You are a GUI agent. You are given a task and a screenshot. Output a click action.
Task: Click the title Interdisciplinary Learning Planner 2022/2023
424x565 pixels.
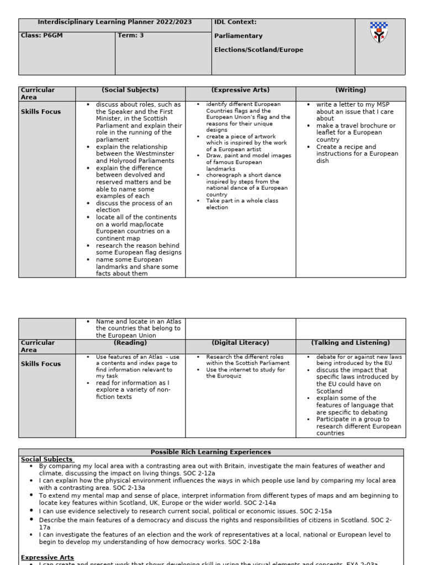click(115, 22)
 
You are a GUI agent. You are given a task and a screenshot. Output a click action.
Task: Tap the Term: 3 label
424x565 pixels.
click(131, 35)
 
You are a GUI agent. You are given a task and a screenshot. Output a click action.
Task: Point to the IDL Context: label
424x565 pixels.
click(235, 22)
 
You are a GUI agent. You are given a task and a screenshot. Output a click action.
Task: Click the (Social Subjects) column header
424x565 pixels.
click(130, 90)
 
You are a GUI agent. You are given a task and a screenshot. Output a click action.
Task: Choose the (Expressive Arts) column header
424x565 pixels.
click(240, 90)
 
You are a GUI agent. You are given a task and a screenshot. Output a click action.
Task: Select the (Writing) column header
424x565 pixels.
click(351, 90)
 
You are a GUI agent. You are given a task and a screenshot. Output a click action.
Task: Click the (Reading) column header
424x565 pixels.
click(130, 343)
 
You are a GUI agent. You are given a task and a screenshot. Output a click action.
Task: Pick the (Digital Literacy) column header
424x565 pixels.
click(240, 343)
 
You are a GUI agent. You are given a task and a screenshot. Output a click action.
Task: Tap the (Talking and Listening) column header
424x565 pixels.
click(351, 343)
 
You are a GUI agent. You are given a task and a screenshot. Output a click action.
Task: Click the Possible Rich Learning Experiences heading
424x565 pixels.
click(211, 452)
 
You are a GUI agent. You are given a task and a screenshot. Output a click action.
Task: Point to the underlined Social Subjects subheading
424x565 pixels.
click(47, 459)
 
